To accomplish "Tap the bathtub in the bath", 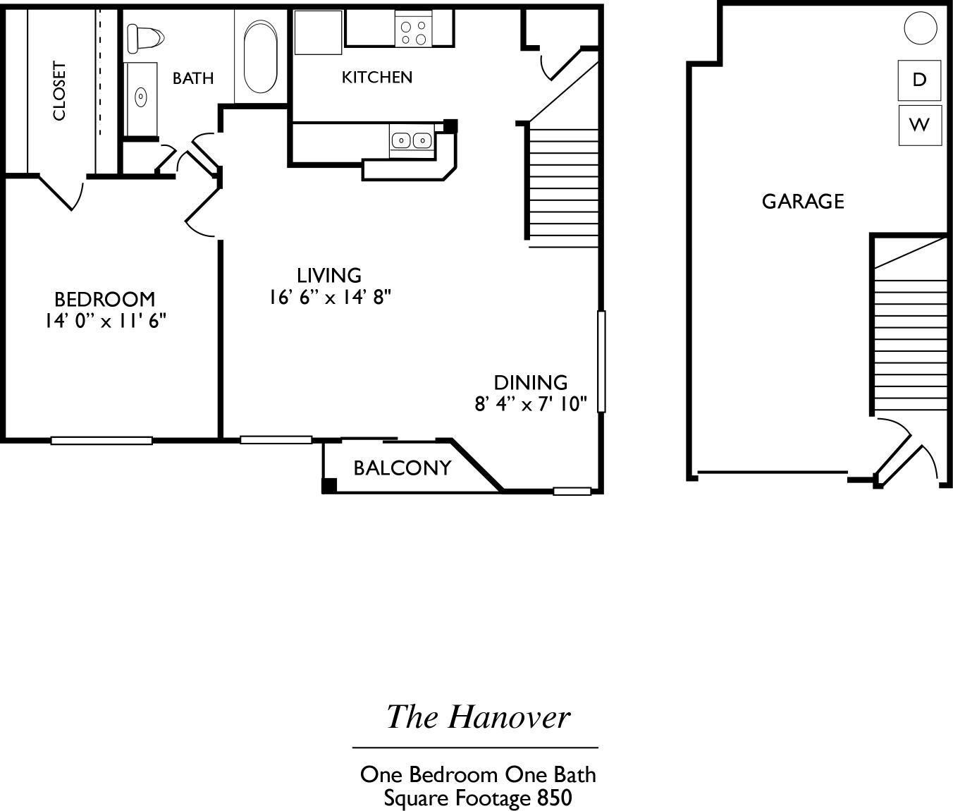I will point(260,56).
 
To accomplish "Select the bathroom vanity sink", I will point(141,97).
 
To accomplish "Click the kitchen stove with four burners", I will point(413,32).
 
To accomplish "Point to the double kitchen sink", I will point(412,140).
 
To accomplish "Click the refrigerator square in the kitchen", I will point(318,32).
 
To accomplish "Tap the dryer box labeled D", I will point(919,80).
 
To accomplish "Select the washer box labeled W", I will point(919,126).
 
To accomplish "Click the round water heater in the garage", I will point(921,28).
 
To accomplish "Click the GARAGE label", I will point(803,202).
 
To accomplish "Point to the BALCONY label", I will point(402,468).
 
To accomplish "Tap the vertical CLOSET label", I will point(59,91).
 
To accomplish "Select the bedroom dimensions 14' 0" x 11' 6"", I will point(105,321).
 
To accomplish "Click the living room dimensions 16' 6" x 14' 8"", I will point(329,297).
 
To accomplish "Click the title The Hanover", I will point(477,717).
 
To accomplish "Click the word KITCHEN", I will point(376,77).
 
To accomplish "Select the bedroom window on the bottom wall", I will point(102,441).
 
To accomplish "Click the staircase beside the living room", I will point(562,187).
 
